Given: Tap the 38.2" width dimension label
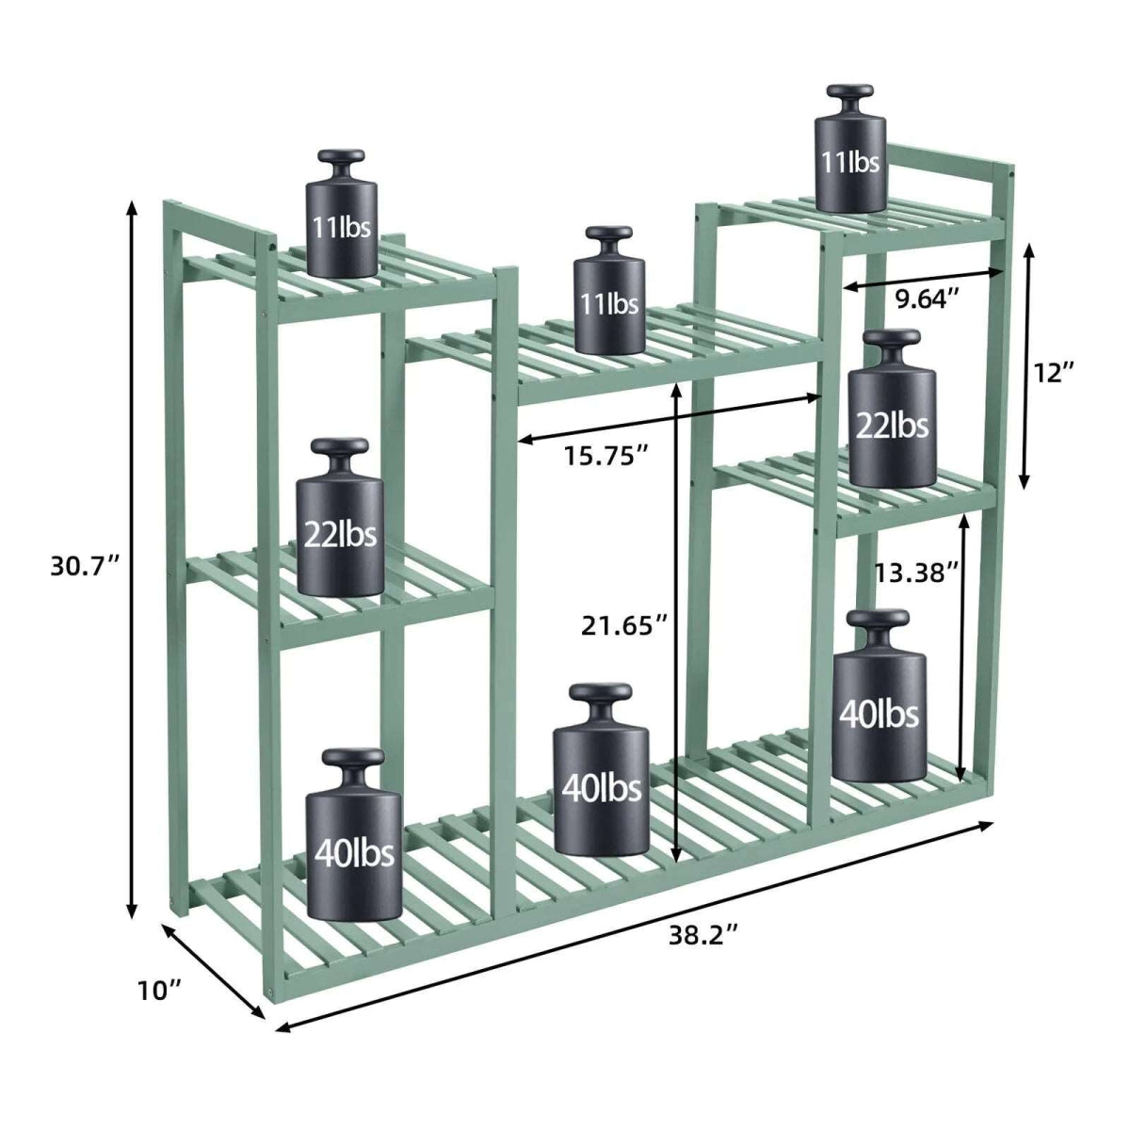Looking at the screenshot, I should [x=702, y=935].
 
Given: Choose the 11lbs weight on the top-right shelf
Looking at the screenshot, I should [x=850, y=160].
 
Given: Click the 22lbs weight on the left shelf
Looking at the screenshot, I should [x=340, y=533].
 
